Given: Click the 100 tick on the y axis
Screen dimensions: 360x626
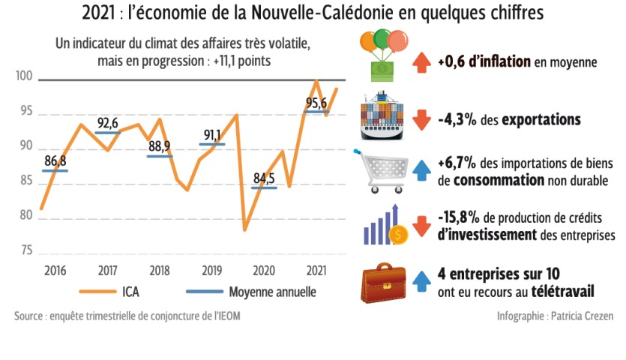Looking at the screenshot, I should click(x=25, y=77).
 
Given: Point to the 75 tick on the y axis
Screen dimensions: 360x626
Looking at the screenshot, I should click(x=26, y=250).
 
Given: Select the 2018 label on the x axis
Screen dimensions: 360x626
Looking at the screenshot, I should click(x=159, y=270).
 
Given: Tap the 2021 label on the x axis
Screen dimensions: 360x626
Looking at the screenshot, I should click(x=316, y=270).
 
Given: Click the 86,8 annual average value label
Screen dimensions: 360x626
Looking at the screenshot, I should click(x=55, y=160).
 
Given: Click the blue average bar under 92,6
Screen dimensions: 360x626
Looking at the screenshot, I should click(x=108, y=133).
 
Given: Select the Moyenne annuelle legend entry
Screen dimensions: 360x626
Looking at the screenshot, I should click(x=247, y=292).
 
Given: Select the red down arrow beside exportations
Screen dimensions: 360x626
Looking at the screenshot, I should click(x=421, y=118).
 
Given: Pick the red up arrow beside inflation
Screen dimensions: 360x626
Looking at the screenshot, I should click(x=421, y=61).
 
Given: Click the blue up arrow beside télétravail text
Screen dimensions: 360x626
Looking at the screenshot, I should click(x=421, y=280).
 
